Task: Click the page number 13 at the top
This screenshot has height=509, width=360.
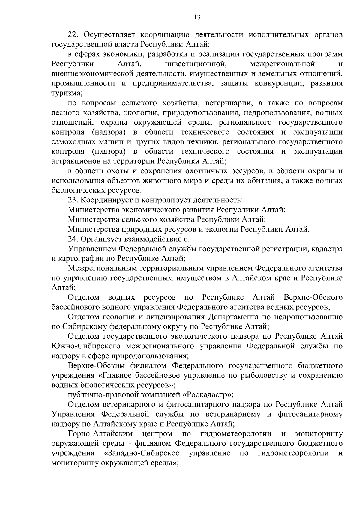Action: click(197, 17)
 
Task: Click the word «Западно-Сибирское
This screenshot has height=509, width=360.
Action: click(142, 453)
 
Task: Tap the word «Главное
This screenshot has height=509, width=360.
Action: click(115, 375)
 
